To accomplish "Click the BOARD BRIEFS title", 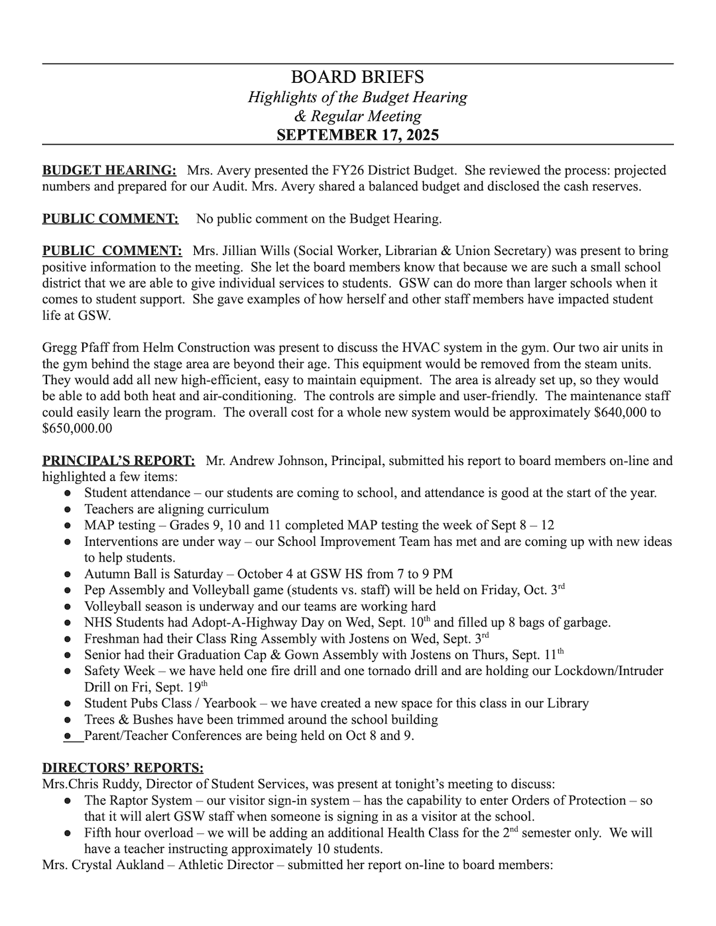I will tap(357, 77).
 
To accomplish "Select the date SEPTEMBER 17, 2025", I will tap(357, 135).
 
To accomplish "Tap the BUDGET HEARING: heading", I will tap(109, 170).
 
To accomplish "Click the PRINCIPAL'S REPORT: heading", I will tap(119, 460).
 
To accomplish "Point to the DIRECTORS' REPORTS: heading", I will tap(123, 768).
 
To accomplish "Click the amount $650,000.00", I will tap(77, 429).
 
